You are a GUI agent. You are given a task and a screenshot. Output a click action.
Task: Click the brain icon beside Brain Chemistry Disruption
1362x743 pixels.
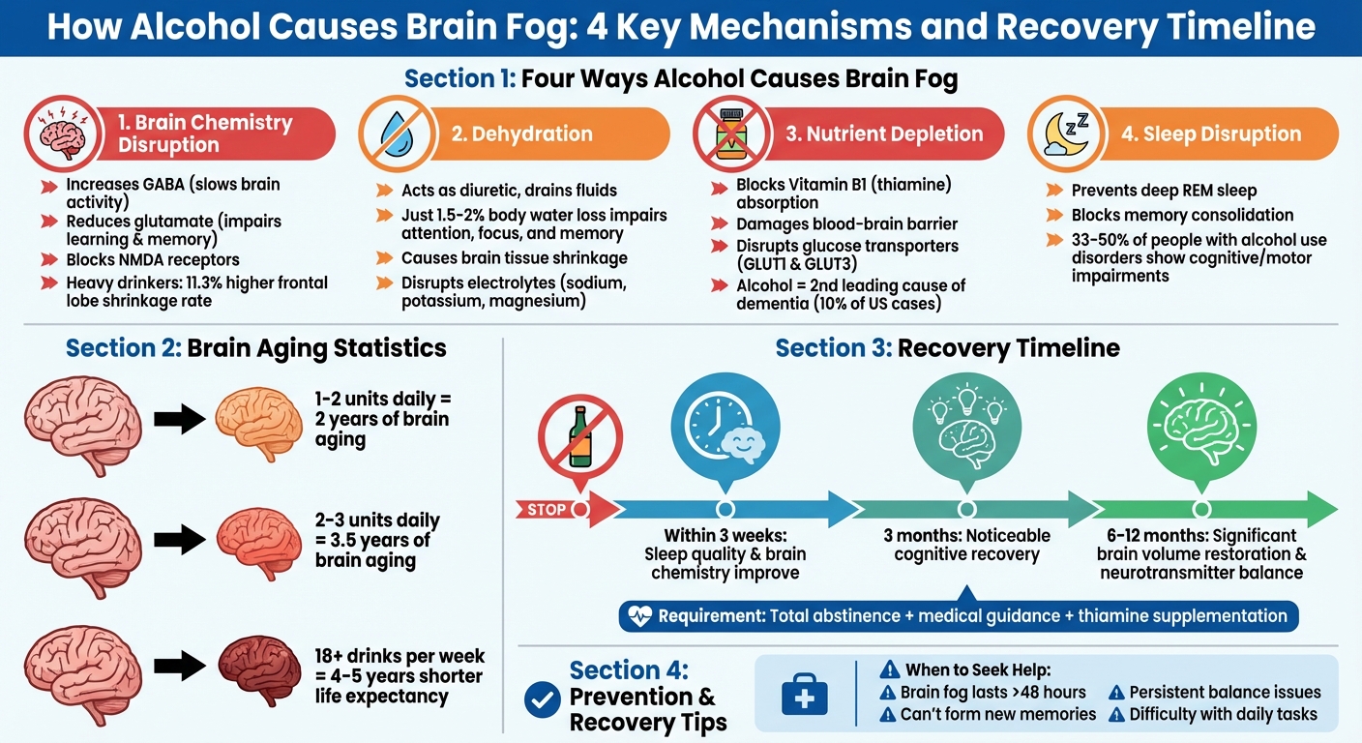[x=62, y=134]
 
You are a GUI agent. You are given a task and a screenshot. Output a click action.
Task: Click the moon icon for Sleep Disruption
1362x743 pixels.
[x=1066, y=134]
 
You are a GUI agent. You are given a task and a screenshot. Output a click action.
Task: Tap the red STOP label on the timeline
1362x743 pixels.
[x=548, y=509]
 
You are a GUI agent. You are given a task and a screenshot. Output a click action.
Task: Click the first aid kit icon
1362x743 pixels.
[x=804, y=693]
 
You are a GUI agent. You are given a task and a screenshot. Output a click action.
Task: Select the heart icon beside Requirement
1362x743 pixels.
[x=638, y=616]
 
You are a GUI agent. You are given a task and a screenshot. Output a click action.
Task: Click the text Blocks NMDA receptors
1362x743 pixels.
[x=153, y=259]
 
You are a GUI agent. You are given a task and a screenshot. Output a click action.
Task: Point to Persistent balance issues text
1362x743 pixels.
[x=1225, y=692]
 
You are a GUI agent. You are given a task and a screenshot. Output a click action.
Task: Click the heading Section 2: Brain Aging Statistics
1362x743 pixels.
[x=256, y=347]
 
